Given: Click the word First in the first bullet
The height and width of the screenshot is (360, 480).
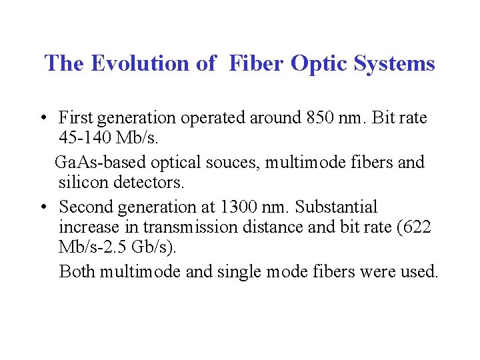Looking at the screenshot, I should pos(75,119).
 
